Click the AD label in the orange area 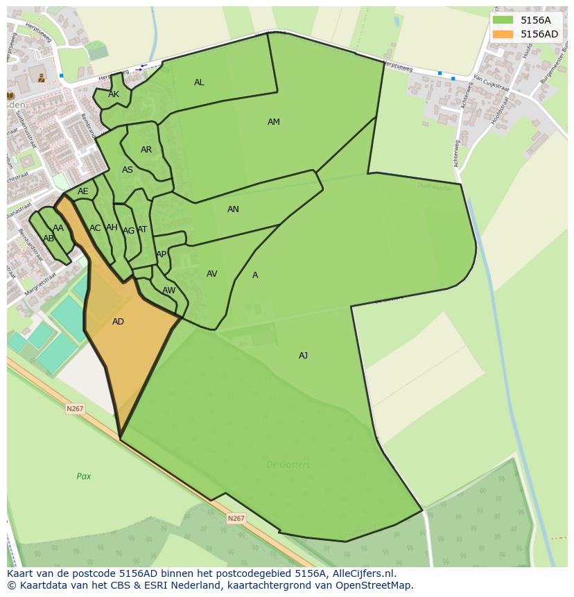pos(118,322)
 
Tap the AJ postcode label pos(303,356)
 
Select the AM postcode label pos(274,122)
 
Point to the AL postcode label pos(199,83)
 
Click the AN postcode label pos(233,209)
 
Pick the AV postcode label pos(212,274)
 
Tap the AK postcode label pos(114,94)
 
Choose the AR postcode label pos(146,150)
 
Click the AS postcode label pos(128,170)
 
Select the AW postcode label pos(168,291)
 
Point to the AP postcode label pos(161,254)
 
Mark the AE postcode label pos(83,191)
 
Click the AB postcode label pos(49,239)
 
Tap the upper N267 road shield pos(75,409)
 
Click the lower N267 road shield pos(236,518)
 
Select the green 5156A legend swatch pos(503,20)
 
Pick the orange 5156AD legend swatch pos(503,34)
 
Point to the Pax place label pos(84,476)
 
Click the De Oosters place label pos(288,465)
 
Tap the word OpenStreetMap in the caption pos(374,585)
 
